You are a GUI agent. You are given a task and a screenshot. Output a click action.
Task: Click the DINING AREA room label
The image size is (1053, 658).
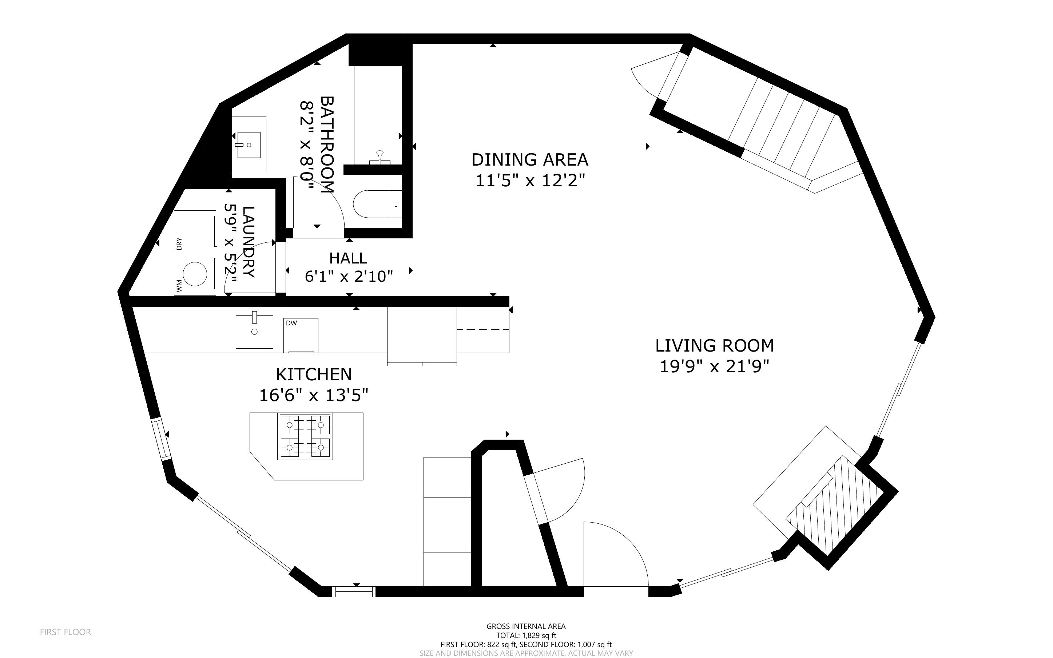click(x=529, y=160)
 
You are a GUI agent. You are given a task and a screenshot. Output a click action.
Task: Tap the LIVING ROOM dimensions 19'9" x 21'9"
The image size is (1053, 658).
click(x=714, y=366)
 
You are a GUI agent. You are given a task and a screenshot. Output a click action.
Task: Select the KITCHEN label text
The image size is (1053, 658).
click(x=314, y=374)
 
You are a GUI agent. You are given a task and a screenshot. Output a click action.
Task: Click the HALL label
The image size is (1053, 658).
click(x=348, y=258)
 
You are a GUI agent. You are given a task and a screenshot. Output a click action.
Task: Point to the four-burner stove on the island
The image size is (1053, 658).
click(x=305, y=436)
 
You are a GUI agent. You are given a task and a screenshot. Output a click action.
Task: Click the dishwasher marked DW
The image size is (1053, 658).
click(x=301, y=335)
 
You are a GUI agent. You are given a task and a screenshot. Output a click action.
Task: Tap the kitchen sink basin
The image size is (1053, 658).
click(x=254, y=332)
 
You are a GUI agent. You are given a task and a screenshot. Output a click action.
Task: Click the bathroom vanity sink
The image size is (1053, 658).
click(x=249, y=144)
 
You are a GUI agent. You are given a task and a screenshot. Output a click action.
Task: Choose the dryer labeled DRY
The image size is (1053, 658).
click(x=195, y=231)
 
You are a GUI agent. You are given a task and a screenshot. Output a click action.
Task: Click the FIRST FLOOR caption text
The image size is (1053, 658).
click(x=65, y=632)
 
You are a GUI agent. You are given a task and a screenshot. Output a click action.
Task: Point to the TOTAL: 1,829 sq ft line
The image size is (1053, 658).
click(x=526, y=635)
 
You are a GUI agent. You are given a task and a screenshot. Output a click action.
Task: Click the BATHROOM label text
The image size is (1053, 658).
click(x=327, y=144)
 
